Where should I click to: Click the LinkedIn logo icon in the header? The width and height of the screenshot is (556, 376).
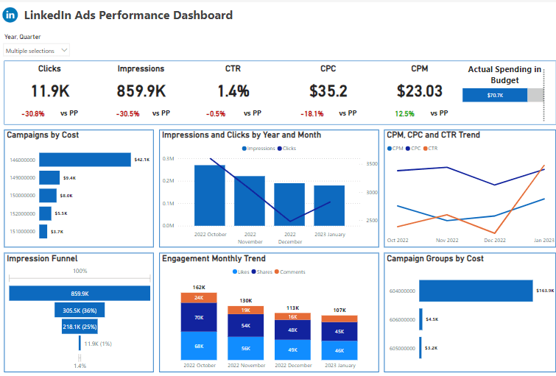(12, 15)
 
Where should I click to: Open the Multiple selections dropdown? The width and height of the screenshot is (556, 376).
(37, 50)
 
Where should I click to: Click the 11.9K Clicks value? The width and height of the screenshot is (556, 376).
(49, 91)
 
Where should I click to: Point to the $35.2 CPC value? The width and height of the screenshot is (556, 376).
(328, 91)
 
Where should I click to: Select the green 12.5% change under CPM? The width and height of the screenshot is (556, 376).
(404, 114)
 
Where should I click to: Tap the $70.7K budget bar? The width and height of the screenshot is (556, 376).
(494, 95)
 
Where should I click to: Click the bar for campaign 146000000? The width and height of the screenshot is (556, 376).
(85, 160)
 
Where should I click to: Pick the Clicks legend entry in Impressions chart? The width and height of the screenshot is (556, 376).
(289, 149)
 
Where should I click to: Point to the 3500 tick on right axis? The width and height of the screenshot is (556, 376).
(371, 164)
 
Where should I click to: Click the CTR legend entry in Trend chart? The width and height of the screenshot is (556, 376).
(431, 149)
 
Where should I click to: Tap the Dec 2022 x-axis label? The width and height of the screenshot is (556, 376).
(495, 241)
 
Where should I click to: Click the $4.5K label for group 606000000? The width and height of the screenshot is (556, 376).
(432, 319)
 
